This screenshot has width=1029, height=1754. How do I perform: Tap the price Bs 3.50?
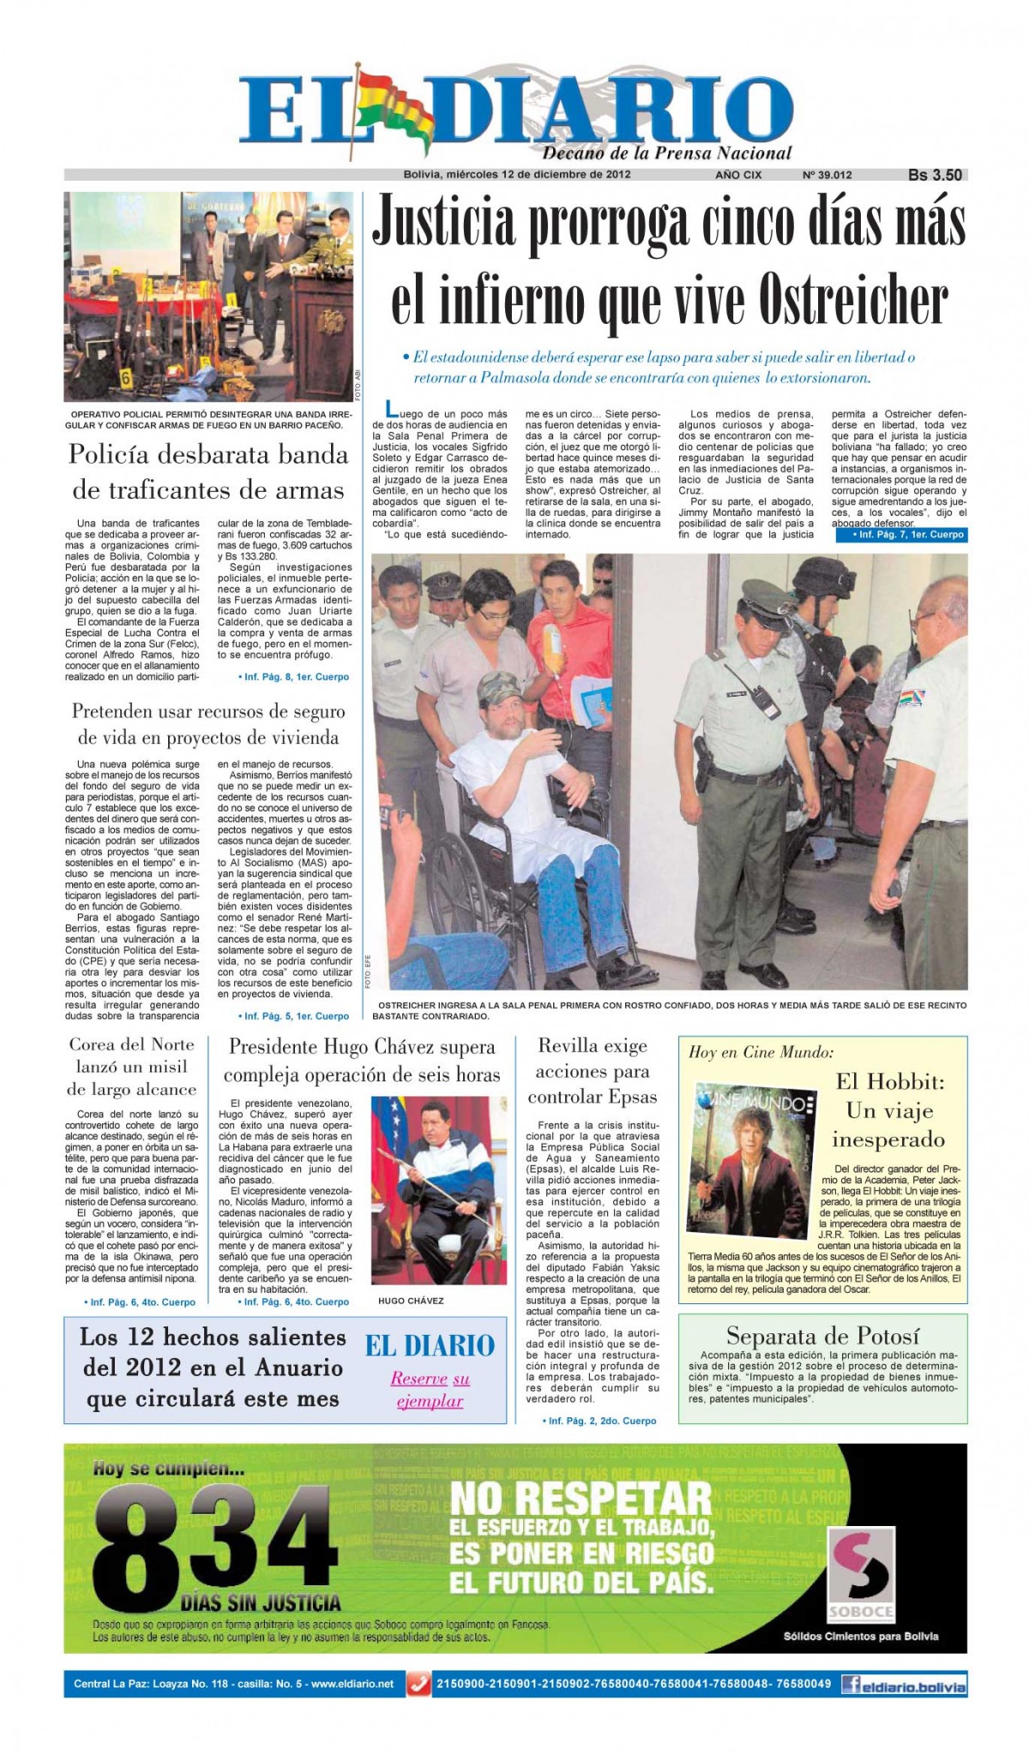(x=935, y=175)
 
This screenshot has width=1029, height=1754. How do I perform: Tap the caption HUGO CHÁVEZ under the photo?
(x=411, y=1301)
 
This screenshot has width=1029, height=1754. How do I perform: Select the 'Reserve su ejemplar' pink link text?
(x=430, y=1390)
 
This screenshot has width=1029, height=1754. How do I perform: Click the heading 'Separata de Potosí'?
(x=822, y=1335)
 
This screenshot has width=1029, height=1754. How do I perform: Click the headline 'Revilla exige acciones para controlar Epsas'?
(x=592, y=1071)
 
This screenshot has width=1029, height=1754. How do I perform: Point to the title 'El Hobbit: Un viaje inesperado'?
(x=889, y=1110)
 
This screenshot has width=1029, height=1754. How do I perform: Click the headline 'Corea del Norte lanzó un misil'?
(x=132, y=1067)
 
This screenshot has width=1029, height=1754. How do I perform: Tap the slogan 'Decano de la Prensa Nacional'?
(x=666, y=153)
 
